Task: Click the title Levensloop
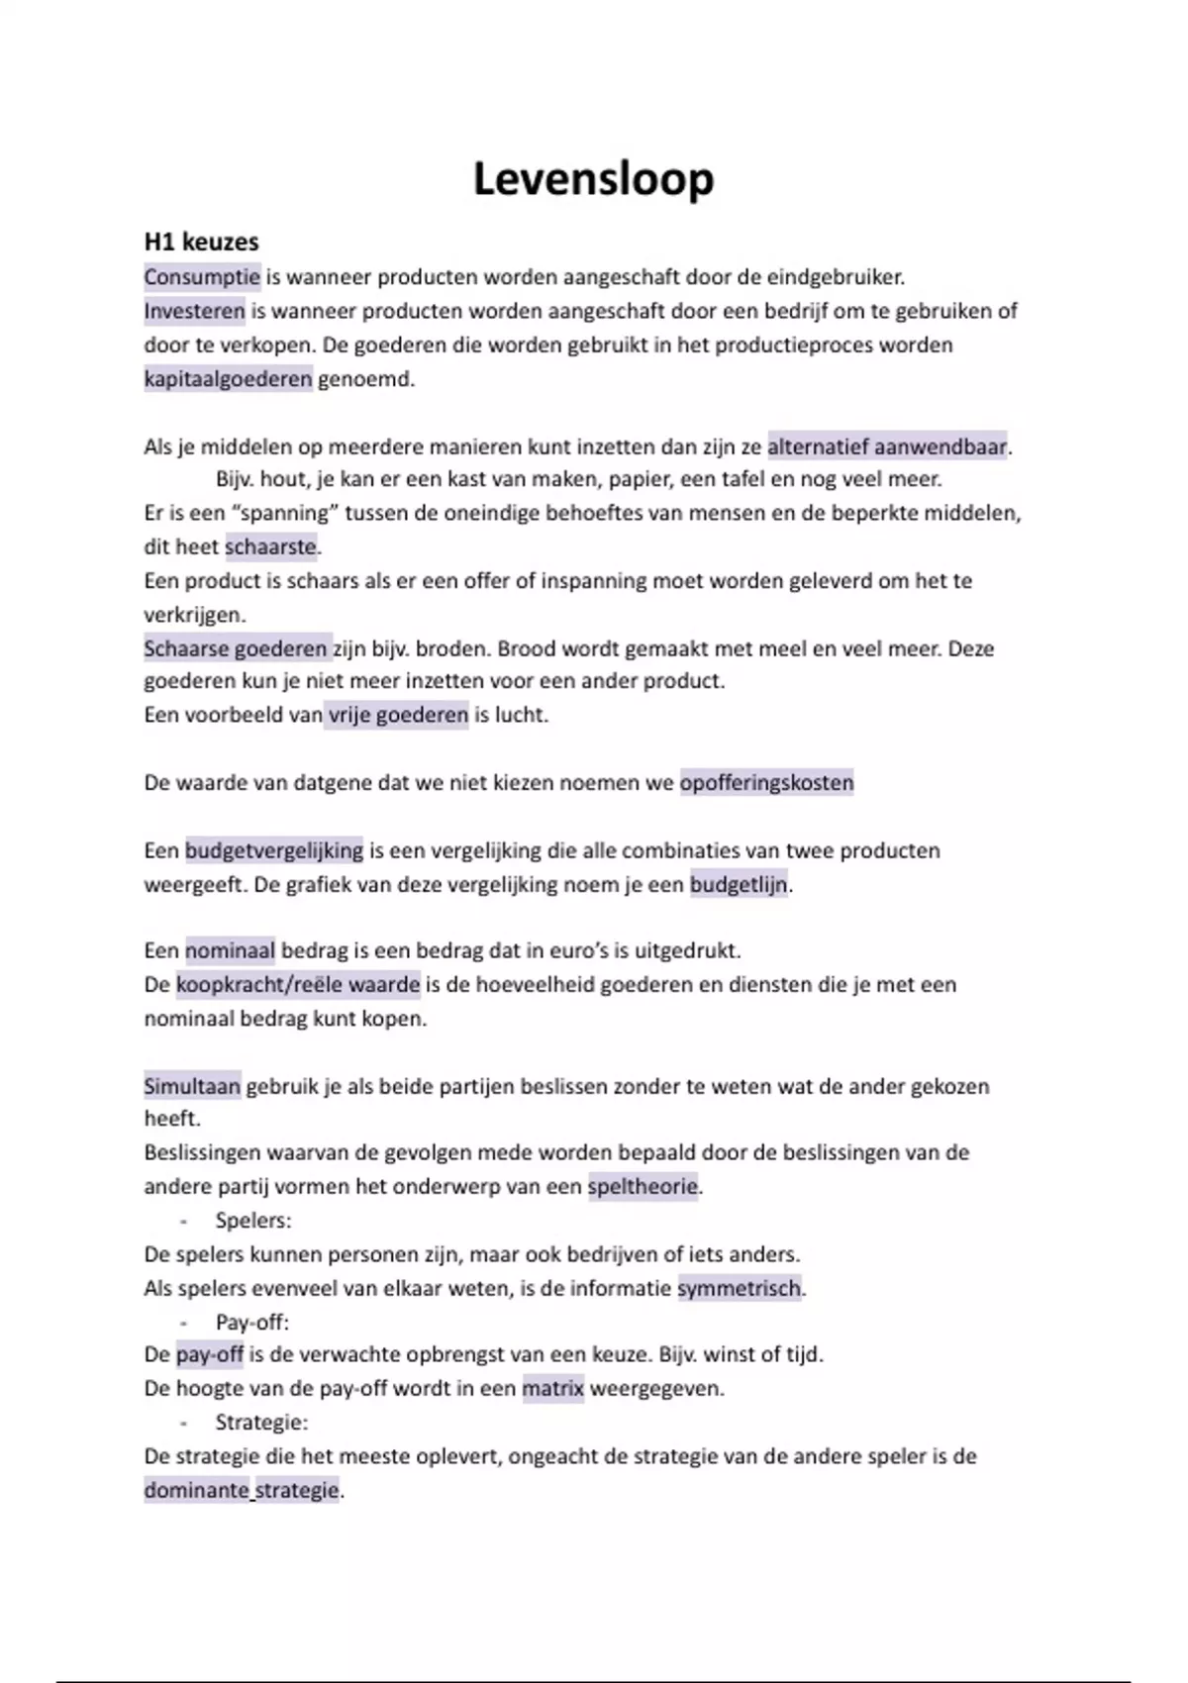(593, 179)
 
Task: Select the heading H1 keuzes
(201, 243)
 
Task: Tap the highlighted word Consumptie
(202, 276)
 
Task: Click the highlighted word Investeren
(194, 311)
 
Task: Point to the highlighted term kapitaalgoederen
(228, 378)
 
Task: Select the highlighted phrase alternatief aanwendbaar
(887, 446)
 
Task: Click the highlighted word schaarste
(270, 546)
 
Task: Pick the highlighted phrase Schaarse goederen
(236, 648)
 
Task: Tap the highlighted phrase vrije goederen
(398, 715)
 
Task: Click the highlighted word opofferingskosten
(766, 783)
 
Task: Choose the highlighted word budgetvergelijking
(274, 850)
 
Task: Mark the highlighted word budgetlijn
(739, 884)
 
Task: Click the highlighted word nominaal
(230, 950)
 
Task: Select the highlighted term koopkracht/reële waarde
(298, 985)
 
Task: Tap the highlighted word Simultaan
(192, 1086)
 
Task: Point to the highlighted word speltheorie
(643, 1186)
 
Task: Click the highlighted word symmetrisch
(739, 1288)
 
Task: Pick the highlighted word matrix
(552, 1388)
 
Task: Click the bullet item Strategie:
(261, 1423)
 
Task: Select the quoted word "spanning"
(279, 513)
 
